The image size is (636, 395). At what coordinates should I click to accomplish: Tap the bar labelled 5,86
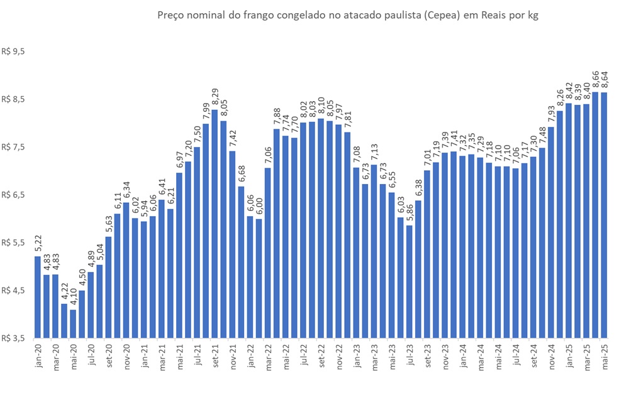[410, 281]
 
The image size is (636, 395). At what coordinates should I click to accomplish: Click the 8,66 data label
[595, 79]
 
